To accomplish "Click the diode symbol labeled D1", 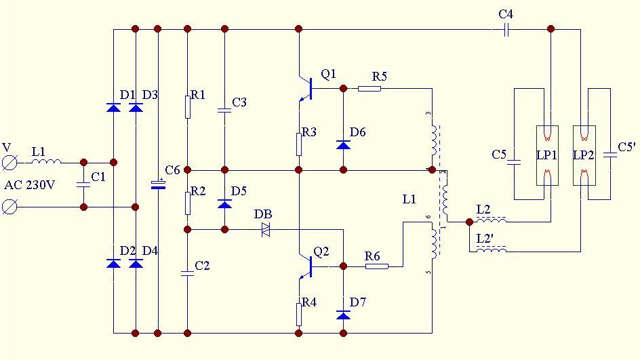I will click(x=113, y=107).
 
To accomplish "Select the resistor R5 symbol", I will click(x=369, y=88).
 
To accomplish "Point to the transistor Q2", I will click(x=306, y=266).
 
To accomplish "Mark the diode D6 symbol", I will click(x=343, y=144).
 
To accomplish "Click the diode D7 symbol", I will click(x=343, y=315).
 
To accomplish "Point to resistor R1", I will click(x=188, y=107).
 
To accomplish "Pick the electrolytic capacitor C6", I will click(x=158, y=184).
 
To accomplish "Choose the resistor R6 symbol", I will click(x=376, y=266).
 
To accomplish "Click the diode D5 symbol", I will click(x=224, y=203).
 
